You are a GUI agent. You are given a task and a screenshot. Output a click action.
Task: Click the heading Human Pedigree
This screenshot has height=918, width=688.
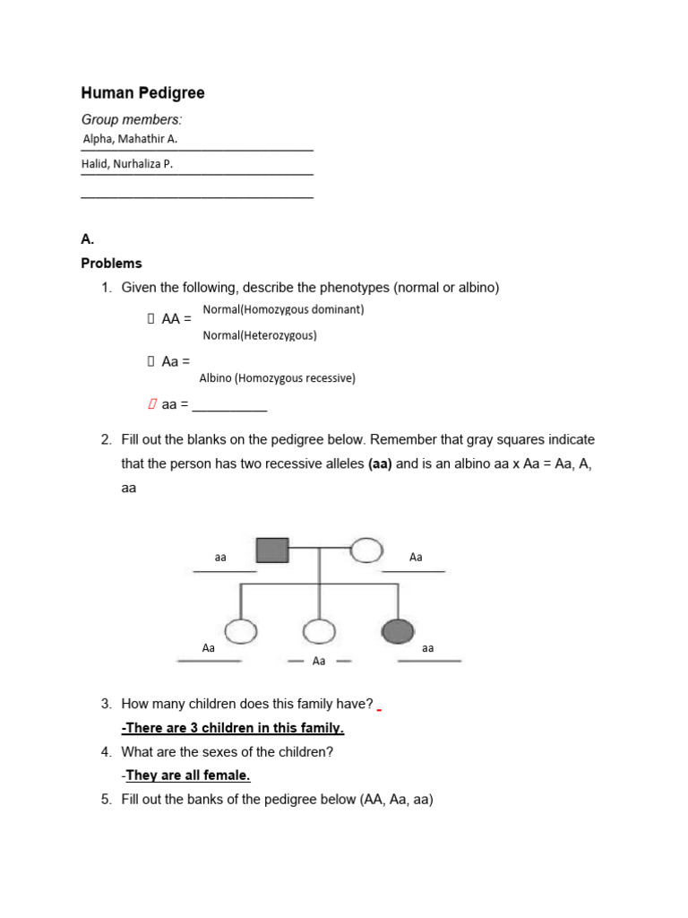142,92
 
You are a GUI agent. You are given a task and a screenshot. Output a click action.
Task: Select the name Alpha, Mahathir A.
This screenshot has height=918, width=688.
130,139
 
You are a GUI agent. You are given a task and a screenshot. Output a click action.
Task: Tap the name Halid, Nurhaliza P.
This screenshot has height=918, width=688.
127,164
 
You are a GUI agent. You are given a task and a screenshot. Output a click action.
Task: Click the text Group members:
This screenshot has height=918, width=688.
131,119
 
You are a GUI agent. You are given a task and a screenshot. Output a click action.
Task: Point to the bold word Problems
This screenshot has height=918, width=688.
111,264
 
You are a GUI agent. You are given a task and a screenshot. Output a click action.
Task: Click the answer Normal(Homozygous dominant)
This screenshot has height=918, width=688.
283,309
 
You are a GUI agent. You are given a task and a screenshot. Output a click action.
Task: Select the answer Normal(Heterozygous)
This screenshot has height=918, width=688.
260,335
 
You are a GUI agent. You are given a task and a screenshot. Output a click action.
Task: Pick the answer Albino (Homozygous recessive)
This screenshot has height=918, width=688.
277,378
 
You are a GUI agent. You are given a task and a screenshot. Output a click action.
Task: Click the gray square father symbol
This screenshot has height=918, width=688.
272,550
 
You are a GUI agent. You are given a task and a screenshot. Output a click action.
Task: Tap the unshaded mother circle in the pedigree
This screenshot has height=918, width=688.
366,550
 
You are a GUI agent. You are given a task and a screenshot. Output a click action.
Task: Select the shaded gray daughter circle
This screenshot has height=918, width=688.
398,631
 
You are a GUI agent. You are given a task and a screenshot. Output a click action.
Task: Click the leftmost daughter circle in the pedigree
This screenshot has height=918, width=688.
240,631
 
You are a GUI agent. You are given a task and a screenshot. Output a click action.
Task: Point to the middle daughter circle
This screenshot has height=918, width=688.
319,631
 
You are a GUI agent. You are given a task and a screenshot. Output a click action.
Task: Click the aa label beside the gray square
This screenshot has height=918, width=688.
220,558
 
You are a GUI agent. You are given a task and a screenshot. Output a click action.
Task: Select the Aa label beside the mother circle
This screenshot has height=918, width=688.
416,558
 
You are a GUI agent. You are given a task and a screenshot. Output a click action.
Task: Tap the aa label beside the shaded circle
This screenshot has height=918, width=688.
427,647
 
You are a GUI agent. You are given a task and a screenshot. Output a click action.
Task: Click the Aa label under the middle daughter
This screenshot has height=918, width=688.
319,661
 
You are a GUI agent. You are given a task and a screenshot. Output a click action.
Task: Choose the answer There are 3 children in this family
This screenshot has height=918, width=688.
233,728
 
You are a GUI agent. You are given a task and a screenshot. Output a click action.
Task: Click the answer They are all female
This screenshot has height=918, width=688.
187,775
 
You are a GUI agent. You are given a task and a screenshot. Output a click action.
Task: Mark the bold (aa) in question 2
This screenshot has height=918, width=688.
380,464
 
